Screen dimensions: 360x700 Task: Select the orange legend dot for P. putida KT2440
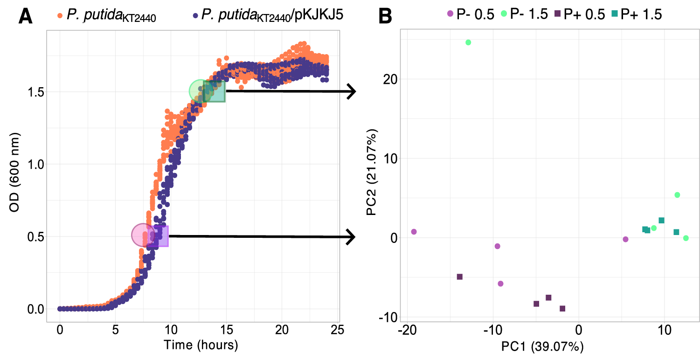[x=60, y=15]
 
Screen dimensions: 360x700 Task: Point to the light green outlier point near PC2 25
[x=468, y=42]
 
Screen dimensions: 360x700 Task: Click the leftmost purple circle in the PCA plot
[x=414, y=232]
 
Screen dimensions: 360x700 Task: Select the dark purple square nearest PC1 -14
[x=459, y=277]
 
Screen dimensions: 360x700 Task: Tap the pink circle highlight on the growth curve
[x=143, y=235]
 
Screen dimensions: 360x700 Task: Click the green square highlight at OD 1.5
[x=215, y=91]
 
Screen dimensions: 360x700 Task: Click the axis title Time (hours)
[x=201, y=346]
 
